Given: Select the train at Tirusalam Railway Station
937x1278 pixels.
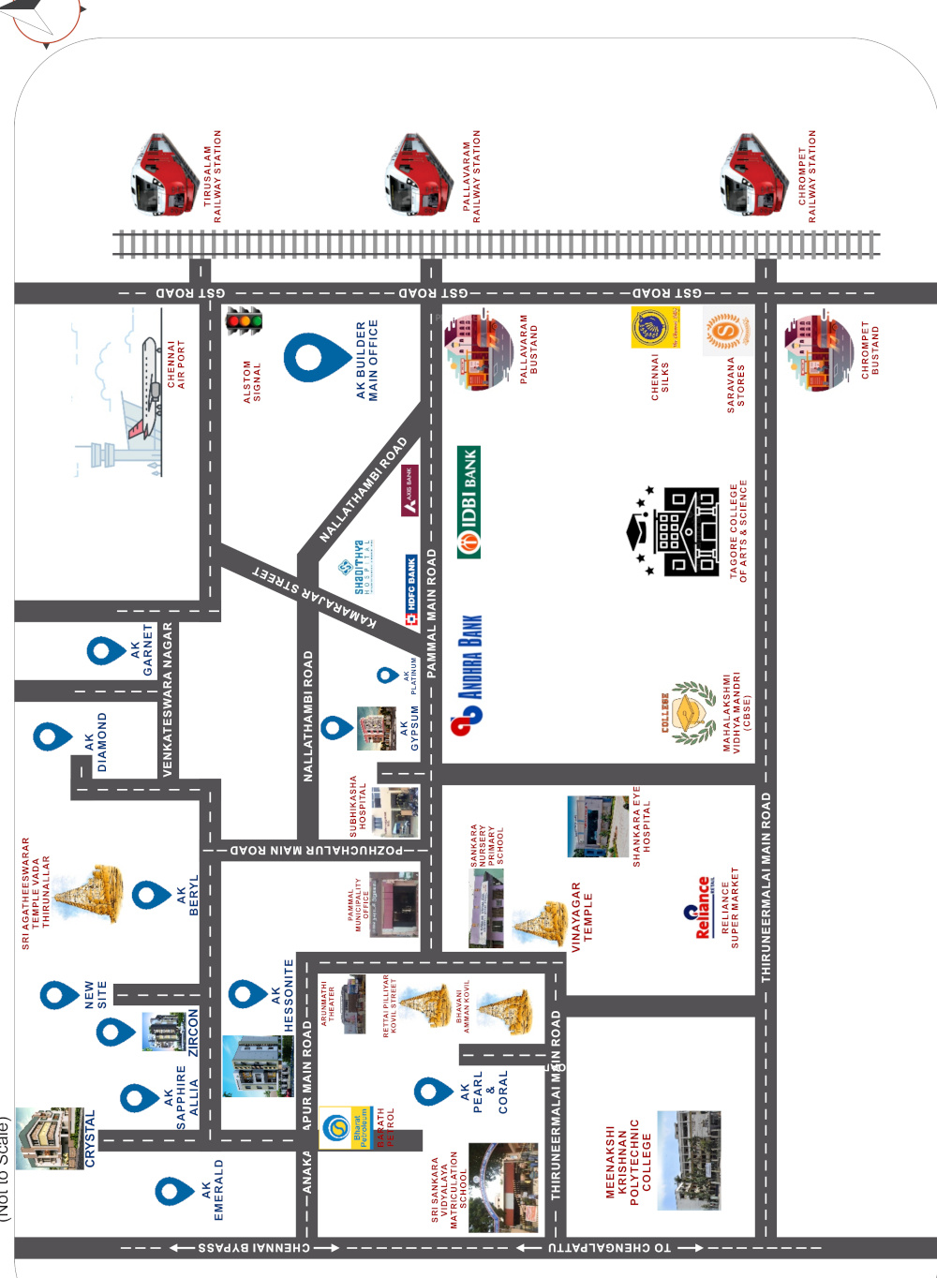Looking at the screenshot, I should pos(164,175).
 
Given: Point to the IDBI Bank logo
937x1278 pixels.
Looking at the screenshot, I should pos(468,502).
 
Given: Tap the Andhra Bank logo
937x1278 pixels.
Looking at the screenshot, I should pos(468,671).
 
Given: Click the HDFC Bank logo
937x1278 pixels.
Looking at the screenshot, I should pos(411,590).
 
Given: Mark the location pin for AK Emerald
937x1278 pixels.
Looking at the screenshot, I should pos(173,1192).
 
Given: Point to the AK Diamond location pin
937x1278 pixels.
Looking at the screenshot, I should pos(52,736).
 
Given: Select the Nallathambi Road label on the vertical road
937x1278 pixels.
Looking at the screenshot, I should pos(308,717).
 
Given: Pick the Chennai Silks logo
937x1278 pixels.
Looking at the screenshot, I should pos(655,328).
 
